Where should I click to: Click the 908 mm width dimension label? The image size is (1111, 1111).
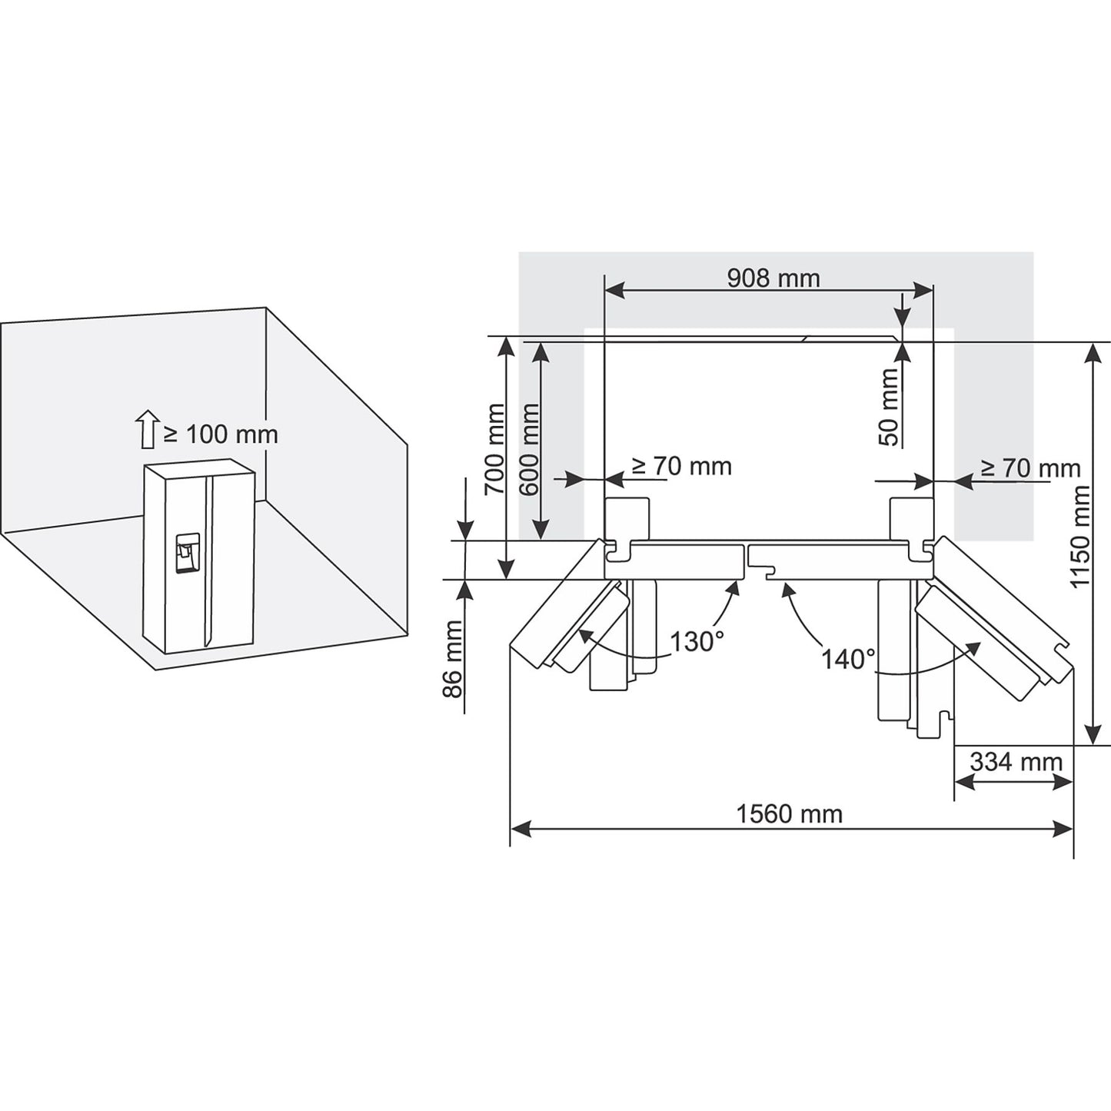(x=773, y=278)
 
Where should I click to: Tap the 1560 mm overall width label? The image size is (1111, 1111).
(x=790, y=815)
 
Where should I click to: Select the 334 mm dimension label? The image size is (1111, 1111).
(x=1016, y=762)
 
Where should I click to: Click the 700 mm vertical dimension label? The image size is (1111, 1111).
(x=494, y=450)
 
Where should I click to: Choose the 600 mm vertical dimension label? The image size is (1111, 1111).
(x=529, y=450)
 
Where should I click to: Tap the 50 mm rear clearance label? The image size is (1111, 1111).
(x=889, y=407)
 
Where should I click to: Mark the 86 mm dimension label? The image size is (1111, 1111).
(x=453, y=660)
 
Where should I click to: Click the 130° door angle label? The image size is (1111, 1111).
(x=697, y=642)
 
